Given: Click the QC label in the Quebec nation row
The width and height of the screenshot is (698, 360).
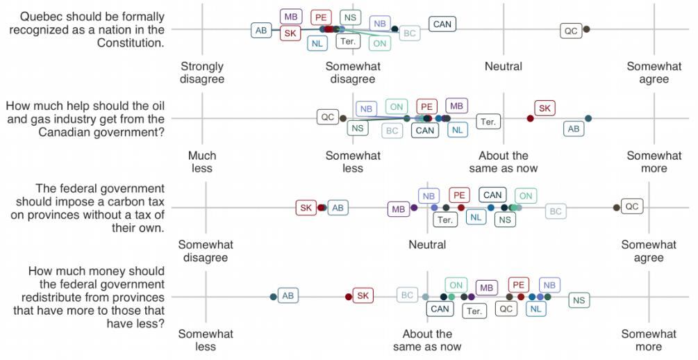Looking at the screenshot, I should coord(571,31).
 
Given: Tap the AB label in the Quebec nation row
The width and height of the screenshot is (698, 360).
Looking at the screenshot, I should coord(261,31).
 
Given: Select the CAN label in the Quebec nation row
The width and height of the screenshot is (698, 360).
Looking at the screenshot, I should coord(442,24).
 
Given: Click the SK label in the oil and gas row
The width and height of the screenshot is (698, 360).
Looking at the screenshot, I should coord(545,108).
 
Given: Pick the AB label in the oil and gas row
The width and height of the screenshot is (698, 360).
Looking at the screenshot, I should coord(574,129).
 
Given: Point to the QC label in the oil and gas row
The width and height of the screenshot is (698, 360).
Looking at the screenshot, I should coord(328,117).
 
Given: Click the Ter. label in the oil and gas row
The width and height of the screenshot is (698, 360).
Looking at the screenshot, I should coord(488,122).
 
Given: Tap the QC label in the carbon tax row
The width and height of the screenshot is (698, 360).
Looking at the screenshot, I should coord(631,206).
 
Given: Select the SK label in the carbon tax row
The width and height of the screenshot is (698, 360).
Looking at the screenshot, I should coord(306,208).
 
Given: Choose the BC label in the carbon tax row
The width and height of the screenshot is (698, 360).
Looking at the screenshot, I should coord(556,211).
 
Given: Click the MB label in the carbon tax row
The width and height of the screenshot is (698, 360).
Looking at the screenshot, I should coord(399,208).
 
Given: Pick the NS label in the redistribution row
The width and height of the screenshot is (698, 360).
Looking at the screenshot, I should coord(579,300).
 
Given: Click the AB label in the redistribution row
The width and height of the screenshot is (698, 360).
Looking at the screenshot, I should coord(288,296).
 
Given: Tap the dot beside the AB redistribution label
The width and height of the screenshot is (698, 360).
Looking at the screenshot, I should coord(274,297).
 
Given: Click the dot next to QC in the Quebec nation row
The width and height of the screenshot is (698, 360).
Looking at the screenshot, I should coord(586,29).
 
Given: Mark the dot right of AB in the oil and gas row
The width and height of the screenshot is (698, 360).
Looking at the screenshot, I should coord(588,119).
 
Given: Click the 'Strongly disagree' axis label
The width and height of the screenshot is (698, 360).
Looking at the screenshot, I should coord(202,73).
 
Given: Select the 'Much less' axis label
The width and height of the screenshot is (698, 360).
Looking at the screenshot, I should coord(202,162).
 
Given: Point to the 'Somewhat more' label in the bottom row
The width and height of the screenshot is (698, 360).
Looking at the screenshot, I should coord(649,340).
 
